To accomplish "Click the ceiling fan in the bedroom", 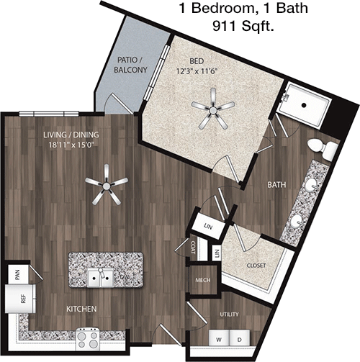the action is click(x=212, y=110).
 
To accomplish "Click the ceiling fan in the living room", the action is click(x=106, y=185).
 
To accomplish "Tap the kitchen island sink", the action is click(x=100, y=278).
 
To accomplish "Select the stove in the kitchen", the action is click(x=88, y=338).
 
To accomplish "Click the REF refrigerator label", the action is click(x=23, y=299).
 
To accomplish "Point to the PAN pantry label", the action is click(x=17, y=275).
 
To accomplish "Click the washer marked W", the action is click(x=219, y=339).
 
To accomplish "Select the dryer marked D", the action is click(x=240, y=339).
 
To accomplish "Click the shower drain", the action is click(x=304, y=105).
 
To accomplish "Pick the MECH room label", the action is click(x=203, y=280).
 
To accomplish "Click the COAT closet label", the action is click(x=192, y=248).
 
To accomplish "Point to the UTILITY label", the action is click(x=230, y=314).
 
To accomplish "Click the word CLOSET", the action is click(x=256, y=266).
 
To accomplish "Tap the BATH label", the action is click(x=276, y=185).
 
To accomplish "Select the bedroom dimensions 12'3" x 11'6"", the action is click(x=197, y=71).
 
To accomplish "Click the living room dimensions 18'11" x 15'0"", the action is click(x=71, y=145).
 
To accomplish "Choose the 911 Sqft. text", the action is click(x=243, y=25).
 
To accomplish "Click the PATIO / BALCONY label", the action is click(x=130, y=65).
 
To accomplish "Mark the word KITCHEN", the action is click(x=81, y=309).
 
